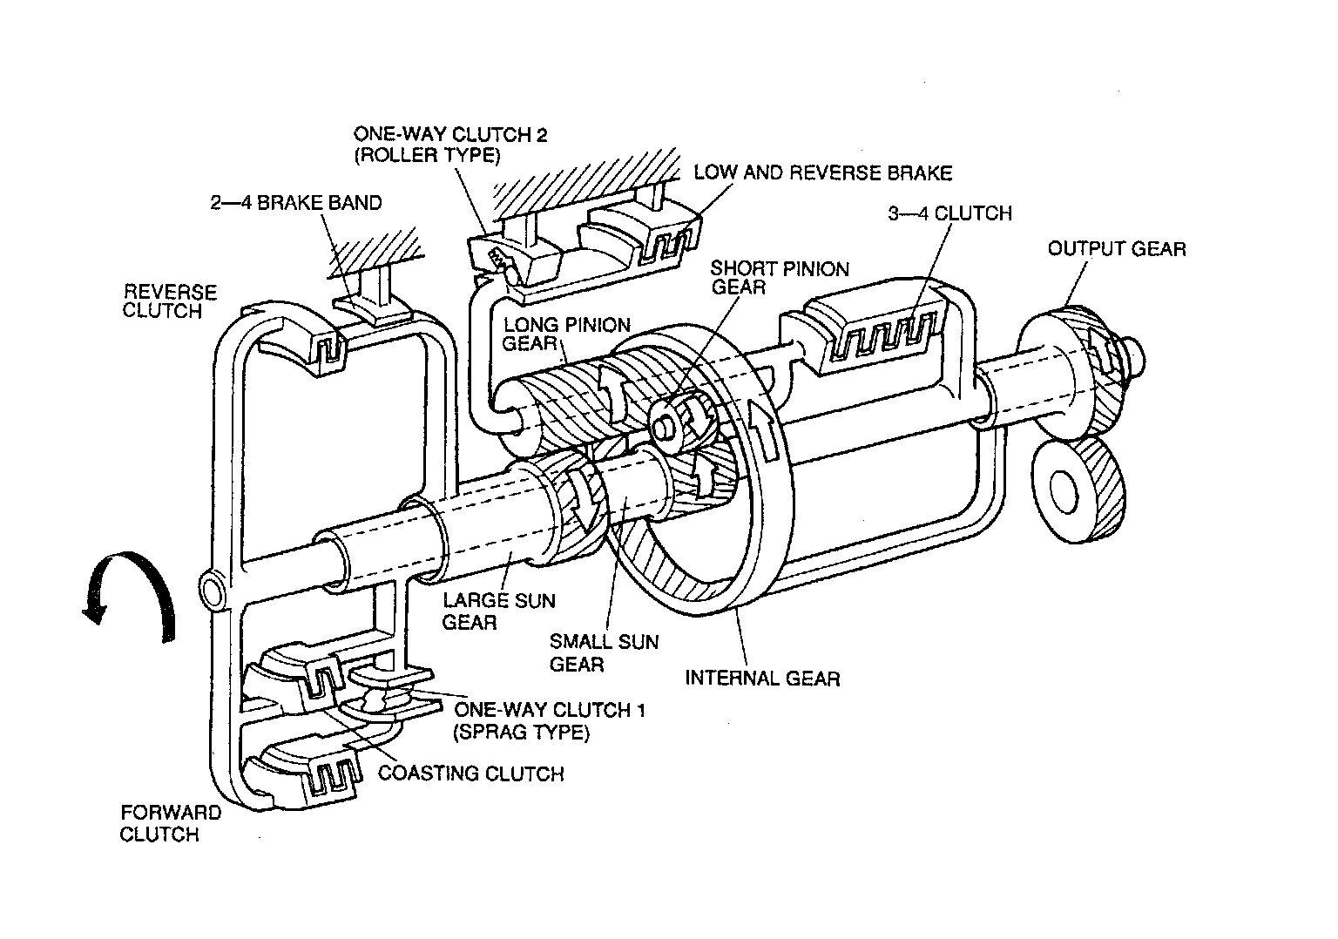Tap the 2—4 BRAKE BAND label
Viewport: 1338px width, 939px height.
point(295,204)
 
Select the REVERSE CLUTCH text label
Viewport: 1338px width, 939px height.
point(170,301)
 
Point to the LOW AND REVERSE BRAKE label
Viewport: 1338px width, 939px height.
point(822,172)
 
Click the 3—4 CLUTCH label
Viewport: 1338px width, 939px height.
point(949,213)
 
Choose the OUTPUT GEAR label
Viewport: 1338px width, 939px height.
point(1116,249)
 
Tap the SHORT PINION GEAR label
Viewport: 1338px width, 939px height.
point(779,278)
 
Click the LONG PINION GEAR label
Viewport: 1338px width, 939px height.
point(566,334)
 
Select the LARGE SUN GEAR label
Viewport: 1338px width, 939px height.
point(498,611)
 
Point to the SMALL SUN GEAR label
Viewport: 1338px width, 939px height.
point(603,652)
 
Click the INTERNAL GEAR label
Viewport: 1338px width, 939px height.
point(762,678)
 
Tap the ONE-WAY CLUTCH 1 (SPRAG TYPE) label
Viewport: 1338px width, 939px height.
point(549,720)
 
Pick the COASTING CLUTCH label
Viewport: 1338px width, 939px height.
point(470,773)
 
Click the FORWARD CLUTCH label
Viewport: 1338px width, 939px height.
point(171,823)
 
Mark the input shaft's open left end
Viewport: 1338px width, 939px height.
point(212,591)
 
